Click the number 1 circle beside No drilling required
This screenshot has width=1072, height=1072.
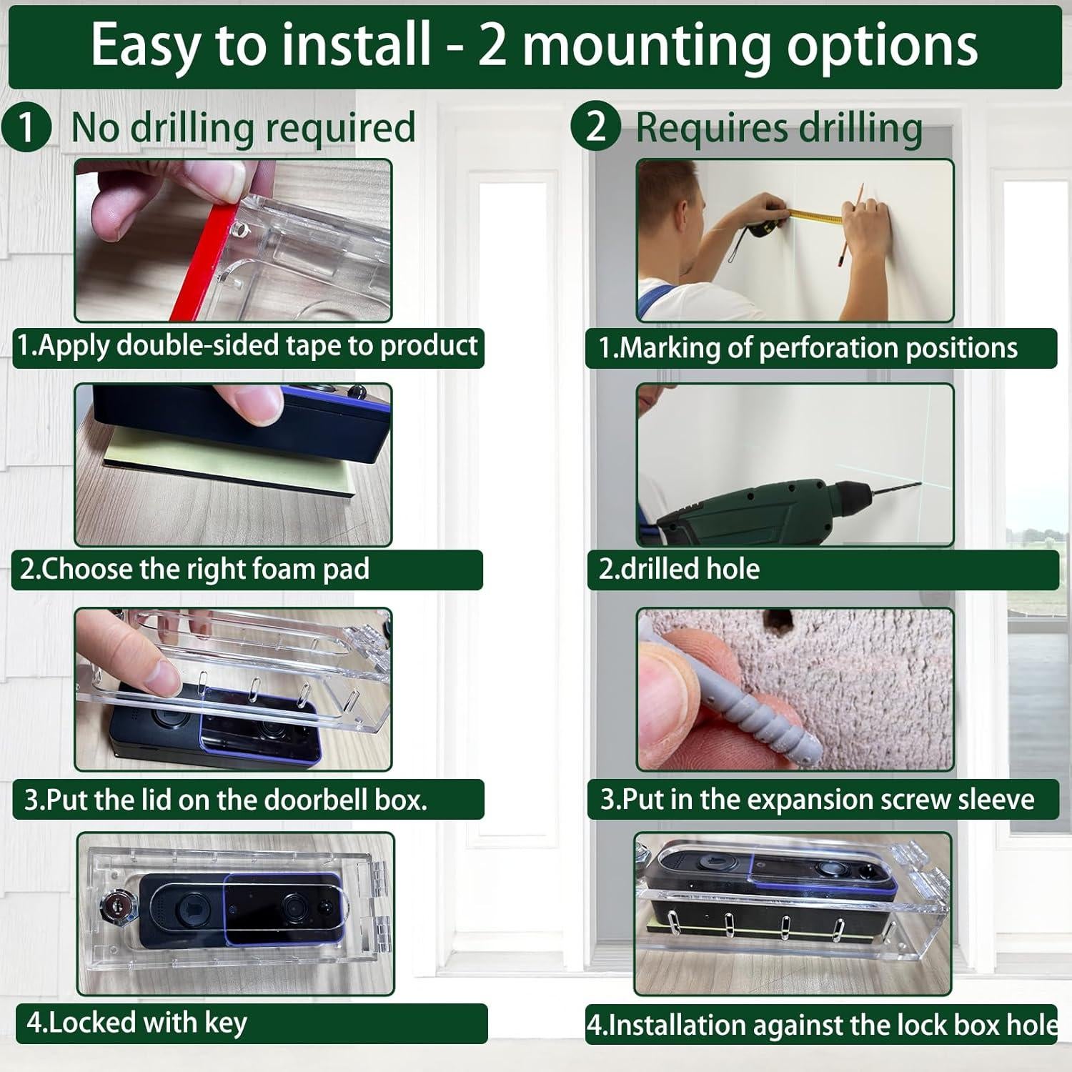point(26,127)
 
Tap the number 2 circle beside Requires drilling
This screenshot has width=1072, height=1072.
point(595,126)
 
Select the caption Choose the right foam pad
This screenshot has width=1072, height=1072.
point(194,570)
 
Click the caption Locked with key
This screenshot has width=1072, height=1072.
point(136,1022)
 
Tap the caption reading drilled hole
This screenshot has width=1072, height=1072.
point(679,569)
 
